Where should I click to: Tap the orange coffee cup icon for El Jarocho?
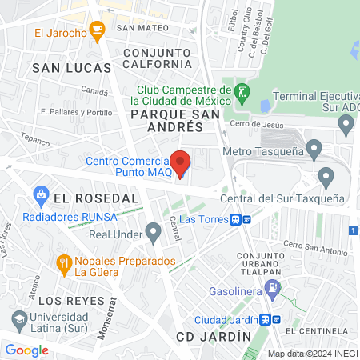pyautogui.click(x=98, y=33)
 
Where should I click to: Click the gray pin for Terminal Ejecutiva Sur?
pyautogui.click(x=346, y=124)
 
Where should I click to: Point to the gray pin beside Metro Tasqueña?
pyautogui.click(x=314, y=149)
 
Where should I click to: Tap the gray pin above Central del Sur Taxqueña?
pyautogui.click(x=326, y=176)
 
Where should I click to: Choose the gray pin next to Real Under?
pyautogui.click(x=154, y=234)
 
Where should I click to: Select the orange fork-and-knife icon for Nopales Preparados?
pyautogui.click(x=64, y=262)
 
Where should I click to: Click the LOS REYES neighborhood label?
pyautogui.click(x=72, y=300)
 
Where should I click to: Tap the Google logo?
pyautogui.click(x=26, y=350)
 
